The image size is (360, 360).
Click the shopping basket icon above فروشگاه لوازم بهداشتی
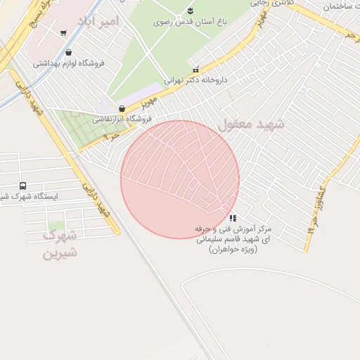(x=67, y=53)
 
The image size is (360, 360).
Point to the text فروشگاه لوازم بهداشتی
(x=68, y=63)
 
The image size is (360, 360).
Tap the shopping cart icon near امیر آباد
(x=63, y=32)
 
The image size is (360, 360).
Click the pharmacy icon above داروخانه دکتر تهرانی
(x=195, y=70)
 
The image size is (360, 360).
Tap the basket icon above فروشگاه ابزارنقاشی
(x=123, y=109)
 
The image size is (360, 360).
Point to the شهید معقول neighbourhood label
(x=251, y=125)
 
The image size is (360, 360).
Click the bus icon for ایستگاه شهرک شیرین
(x=23, y=186)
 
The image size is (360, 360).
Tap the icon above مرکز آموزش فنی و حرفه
(x=233, y=218)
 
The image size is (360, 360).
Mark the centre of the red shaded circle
(x=180, y=180)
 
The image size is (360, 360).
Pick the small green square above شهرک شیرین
(x=55, y=226)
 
